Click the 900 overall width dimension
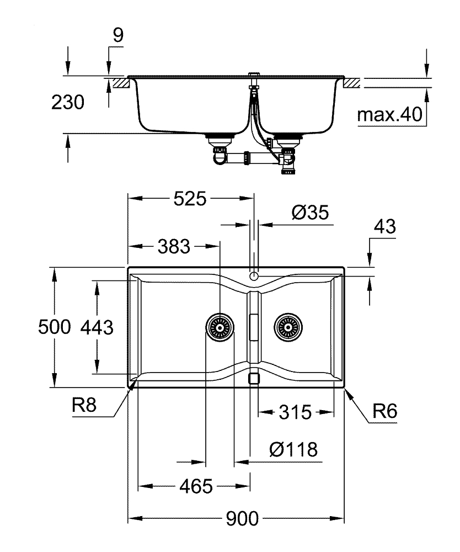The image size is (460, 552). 242,519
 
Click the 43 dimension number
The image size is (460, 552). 384,227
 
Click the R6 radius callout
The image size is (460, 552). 384,411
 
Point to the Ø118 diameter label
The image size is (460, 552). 294,450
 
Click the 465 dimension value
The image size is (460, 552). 196,486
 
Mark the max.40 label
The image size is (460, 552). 389,115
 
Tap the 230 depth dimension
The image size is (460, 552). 67,103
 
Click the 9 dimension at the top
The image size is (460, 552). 117,35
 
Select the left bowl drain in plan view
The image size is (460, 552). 220,328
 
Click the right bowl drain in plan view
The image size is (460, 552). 287,328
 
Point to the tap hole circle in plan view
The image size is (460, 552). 254,275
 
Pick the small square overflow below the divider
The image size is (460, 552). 254,378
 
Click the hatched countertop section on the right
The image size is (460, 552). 352,83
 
